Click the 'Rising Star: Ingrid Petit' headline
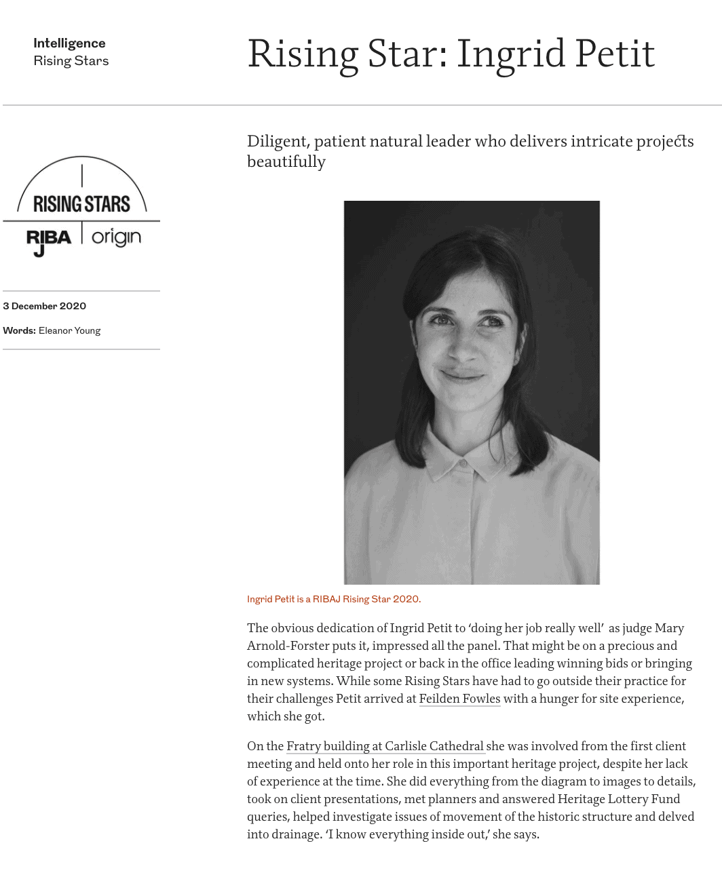tap(451, 54)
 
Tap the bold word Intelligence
tap(69, 43)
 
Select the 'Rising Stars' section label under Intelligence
tap(71, 61)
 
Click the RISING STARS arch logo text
tap(81, 203)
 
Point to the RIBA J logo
tap(48, 241)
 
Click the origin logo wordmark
tap(117, 237)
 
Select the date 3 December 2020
tap(45, 306)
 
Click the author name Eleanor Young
tap(69, 330)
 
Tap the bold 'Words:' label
tap(19, 330)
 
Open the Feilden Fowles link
tap(459, 699)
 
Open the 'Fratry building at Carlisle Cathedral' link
tap(385, 746)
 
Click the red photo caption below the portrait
tap(334, 599)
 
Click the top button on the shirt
tap(463, 463)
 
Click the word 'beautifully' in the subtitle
tap(286, 162)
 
